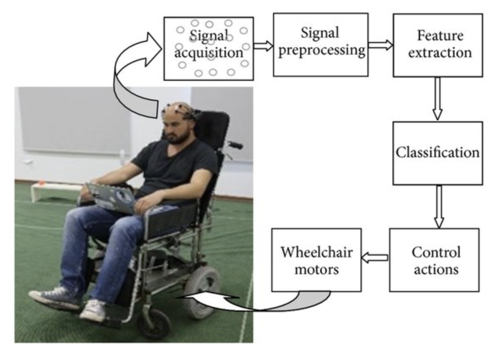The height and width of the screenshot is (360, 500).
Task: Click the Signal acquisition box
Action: click(208, 48)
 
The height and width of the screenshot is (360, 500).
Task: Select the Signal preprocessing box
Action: click(321, 44)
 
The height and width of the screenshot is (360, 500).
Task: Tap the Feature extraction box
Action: click(437, 45)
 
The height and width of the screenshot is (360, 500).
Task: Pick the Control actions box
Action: click(435, 260)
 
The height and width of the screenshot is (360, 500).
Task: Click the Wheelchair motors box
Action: click(316, 260)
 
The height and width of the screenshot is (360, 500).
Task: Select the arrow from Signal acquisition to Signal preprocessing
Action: click(263, 46)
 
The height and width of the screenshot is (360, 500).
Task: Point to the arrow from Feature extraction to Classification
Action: click(437, 99)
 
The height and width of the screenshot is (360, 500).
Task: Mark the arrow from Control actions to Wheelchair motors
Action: click(375, 257)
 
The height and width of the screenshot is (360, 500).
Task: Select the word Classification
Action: click(437, 152)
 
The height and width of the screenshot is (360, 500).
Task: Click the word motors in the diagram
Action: click(316, 269)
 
